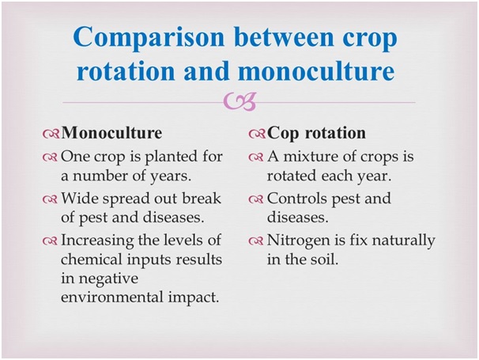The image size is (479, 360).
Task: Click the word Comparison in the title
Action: (x=149, y=38)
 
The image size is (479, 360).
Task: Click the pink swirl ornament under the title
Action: (x=239, y=101)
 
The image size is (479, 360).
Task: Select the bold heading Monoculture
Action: (x=111, y=133)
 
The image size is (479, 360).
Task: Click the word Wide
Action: (x=80, y=198)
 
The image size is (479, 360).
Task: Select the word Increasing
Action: (x=97, y=241)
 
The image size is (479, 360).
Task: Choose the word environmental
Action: (x=112, y=297)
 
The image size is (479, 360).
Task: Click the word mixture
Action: (x=309, y=157)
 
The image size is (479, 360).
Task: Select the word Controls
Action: (x=297, y=198)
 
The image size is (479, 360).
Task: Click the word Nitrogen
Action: (x=299, y=241)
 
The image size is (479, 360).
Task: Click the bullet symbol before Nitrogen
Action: (x=256, y=241)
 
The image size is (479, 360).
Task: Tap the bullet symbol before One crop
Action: (x=50, y=157)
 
